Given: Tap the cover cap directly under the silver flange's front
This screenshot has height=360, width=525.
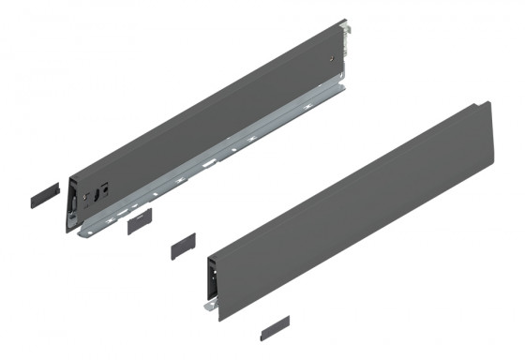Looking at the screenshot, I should point(138,220).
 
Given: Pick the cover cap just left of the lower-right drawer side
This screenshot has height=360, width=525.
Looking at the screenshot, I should point(182,246).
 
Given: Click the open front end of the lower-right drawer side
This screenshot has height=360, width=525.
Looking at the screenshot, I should point(214,281).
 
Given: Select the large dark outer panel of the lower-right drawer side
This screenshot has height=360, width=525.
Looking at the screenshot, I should point(356,206).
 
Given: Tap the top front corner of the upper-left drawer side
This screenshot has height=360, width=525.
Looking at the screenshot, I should point(68,174).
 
